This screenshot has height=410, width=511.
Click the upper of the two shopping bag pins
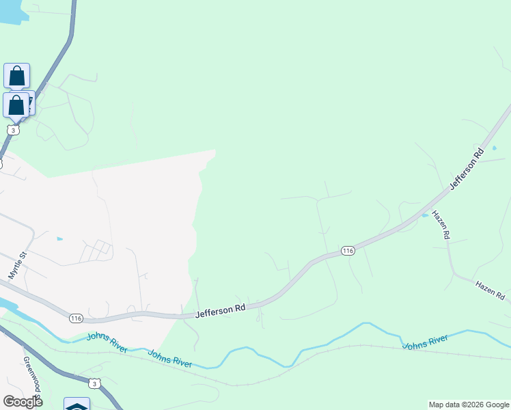click(16, 76)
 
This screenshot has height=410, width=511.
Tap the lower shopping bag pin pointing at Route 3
click(16, 105)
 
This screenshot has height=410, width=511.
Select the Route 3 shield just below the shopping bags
click(12, 130)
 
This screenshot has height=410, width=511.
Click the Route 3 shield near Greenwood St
click(95, 384)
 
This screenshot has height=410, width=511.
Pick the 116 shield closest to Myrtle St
click(75, 318)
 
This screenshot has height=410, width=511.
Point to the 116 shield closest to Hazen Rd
click(348, 251)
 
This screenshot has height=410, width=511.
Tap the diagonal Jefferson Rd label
click(467, 167)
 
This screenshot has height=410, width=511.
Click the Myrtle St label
click(17, 264)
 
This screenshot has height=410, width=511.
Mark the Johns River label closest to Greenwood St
click(107, 341)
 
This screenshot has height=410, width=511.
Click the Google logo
click(23, 402)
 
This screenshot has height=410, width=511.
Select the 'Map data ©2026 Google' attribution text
click(469, 405)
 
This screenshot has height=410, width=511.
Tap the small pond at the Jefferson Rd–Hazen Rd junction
click(425, 215)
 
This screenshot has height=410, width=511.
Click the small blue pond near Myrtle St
click(59, 239)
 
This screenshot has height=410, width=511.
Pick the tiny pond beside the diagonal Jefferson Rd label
click(494, 148)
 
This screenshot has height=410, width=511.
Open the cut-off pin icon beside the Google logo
click(77, 404)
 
